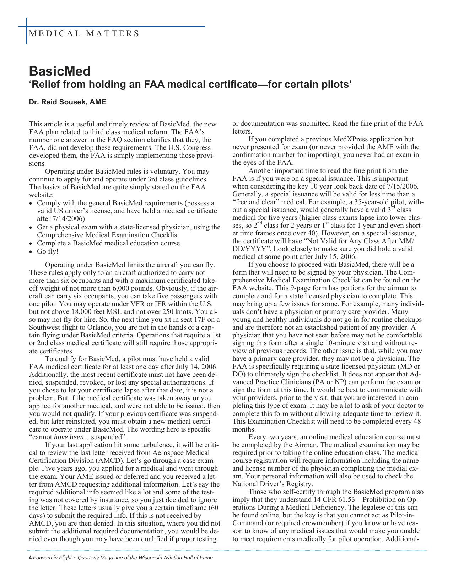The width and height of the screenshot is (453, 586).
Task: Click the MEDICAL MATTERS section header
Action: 84,34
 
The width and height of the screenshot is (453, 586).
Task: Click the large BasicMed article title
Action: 60,71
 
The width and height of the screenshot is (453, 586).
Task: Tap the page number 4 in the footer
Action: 30,558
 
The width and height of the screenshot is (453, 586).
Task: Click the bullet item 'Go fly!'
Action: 48,251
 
